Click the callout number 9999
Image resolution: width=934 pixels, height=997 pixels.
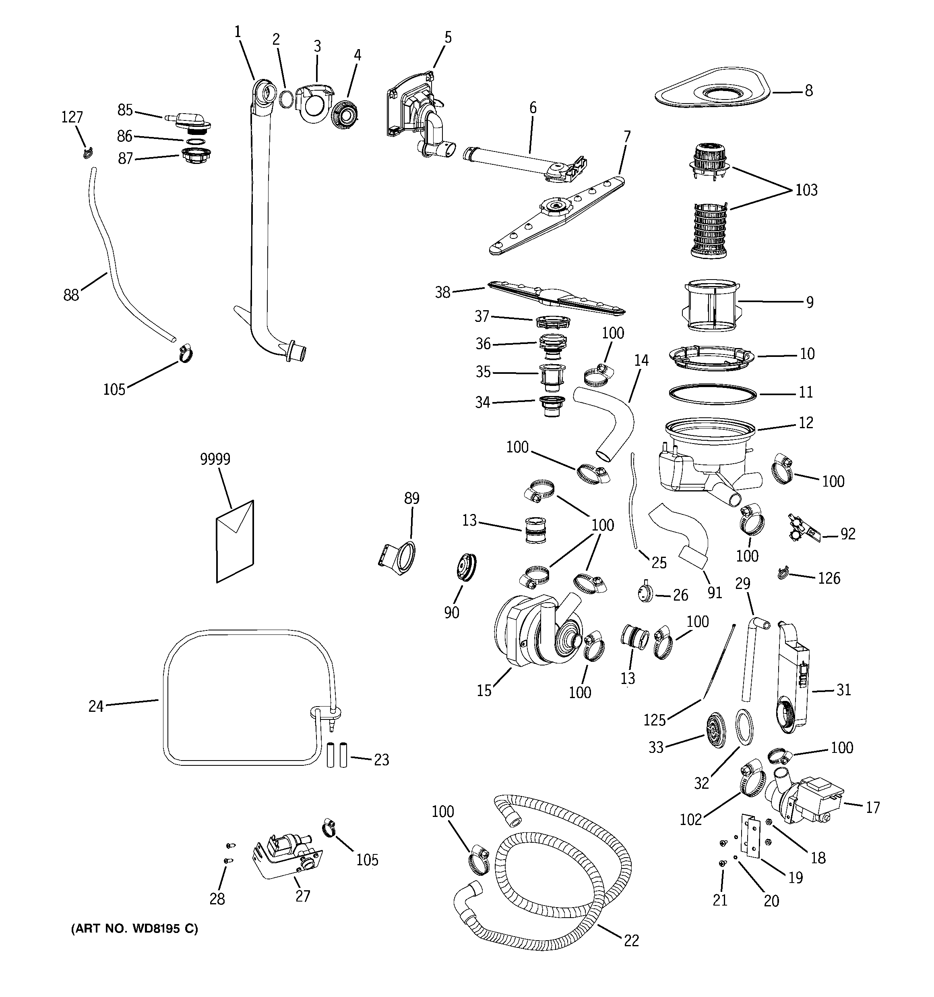tap(215, 459)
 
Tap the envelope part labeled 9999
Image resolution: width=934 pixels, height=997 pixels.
tap(235, 542)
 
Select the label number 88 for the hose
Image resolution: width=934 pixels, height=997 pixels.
tap(71, 295)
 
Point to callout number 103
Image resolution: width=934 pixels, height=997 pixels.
tap(806, 190)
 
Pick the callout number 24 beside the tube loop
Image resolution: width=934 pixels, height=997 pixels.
tap(96, 706)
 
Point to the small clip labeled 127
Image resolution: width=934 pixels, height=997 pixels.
tap(88, 151)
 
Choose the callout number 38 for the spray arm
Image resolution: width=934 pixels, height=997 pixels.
tap(443, 292)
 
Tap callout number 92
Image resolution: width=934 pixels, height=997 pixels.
tap(848, 534)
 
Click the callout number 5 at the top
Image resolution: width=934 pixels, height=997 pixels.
tap(448, 37)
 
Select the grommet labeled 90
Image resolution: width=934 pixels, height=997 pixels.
tap(465, 567)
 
